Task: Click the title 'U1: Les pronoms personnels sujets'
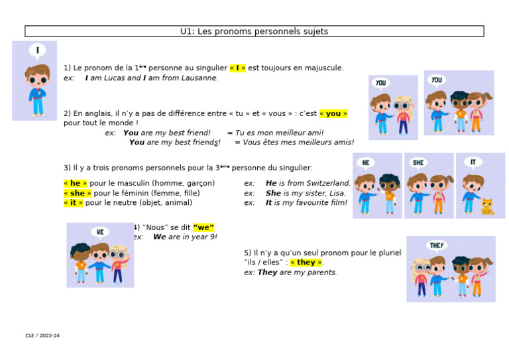pyautogui.click(x=254, y=31)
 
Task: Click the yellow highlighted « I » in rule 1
pyautogui.click(x=237, y=68)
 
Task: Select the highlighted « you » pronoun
pyautogui.click(x=333, y=113)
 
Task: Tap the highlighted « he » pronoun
pyautogui.click(x=75, y=183)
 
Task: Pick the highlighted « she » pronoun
pyautogui.click(x=78, y=193)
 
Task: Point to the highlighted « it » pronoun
pyautogui.click(x=73, y=203)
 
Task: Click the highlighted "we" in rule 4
pyautogui.click(x=203, y=227)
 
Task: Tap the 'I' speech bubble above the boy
pyautogui.click(x=37, y=50)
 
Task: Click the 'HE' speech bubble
pyautogui.click(x=366, y=162)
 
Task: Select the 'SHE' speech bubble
pyautogui.click(x=419, y=162)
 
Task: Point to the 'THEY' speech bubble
pyautogui.click(x=437, y=245)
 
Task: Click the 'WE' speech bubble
pyautogui.click(x=99, y=232)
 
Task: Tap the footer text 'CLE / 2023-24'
pyautogui.click(x=42, y=335)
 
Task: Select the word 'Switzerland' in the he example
pyautogui.click(x=326, y=183)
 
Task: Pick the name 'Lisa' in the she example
pyautogui.click(x=337, y=193)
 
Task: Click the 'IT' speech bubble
pyautogui.click(x=473, y=162)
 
